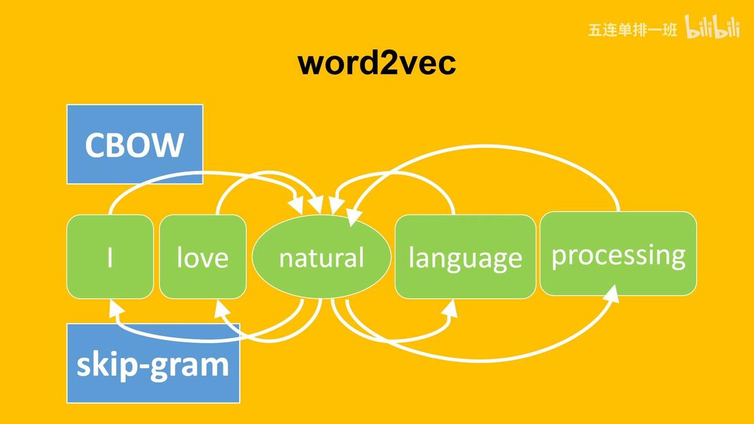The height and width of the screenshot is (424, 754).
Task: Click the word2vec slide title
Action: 377,63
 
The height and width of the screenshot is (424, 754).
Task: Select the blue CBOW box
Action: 135,144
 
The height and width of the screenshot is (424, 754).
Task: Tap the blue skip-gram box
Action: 153,365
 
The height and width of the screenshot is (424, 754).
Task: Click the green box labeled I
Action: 110,257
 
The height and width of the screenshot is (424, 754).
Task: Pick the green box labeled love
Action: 202,257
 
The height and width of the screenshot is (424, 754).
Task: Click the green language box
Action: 465,257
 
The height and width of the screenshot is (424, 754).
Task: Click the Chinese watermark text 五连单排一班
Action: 632,30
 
